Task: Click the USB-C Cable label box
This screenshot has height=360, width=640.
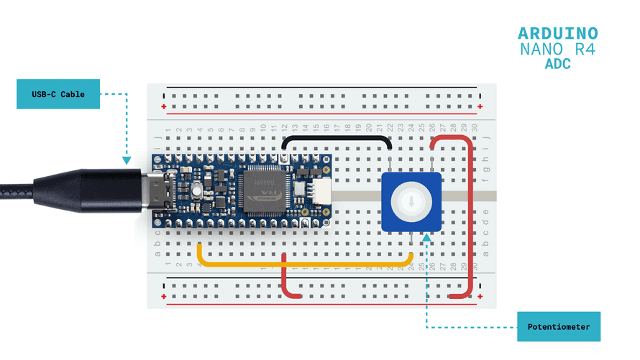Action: [58, 94]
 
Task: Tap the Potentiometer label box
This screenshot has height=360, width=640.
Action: [559, 327]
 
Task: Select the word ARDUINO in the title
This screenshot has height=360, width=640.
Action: [558, 34]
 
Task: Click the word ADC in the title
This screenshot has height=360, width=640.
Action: [558, 65]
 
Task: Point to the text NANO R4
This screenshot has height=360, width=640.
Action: [558, 50]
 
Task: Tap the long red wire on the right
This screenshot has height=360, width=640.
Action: [470, 216]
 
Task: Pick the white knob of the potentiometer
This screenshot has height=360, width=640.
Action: [411, 202]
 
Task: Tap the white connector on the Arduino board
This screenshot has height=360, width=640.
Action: [321, 190]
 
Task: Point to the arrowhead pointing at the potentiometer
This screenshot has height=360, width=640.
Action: [427, 239]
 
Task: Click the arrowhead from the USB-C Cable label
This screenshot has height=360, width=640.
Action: [127, 162]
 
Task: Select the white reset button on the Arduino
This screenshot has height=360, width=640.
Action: [196, 191]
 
